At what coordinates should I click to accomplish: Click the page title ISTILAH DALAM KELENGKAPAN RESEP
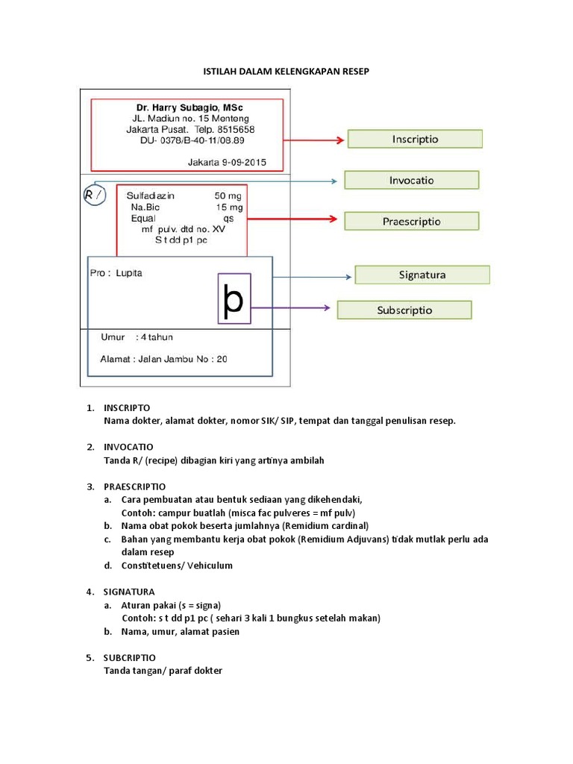[286, 71]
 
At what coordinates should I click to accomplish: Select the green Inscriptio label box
[415, 139]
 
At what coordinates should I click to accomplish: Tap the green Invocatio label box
[411, 180]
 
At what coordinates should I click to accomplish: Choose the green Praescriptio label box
[411, 221]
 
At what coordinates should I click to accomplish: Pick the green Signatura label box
[422, 275]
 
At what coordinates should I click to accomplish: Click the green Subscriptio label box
[404, 310]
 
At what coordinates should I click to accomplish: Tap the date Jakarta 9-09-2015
[226, 161]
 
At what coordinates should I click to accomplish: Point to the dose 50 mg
[228, 195]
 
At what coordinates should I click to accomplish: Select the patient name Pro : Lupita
[116, 273]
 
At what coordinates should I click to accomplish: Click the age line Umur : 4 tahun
[137, 337]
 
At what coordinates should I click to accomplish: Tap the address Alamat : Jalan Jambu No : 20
[163, 359]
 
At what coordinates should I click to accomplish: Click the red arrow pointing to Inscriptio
[315, 140]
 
